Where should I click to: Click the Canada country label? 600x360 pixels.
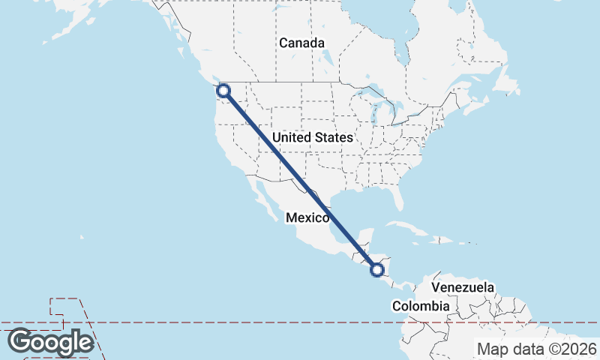coord(301,43)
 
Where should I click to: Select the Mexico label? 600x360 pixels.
coord(307,217)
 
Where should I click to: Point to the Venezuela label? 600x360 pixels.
coord(463,287)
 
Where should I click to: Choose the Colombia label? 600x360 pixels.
coord(421,306)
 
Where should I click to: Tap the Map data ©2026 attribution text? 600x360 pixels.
coord(537,349)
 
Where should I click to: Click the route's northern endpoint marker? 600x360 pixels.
coord(223,91)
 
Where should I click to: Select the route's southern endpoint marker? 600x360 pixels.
coord(378,269)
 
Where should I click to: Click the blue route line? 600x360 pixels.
coord(300,180)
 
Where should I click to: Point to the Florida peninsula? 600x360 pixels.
coord(398,197)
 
